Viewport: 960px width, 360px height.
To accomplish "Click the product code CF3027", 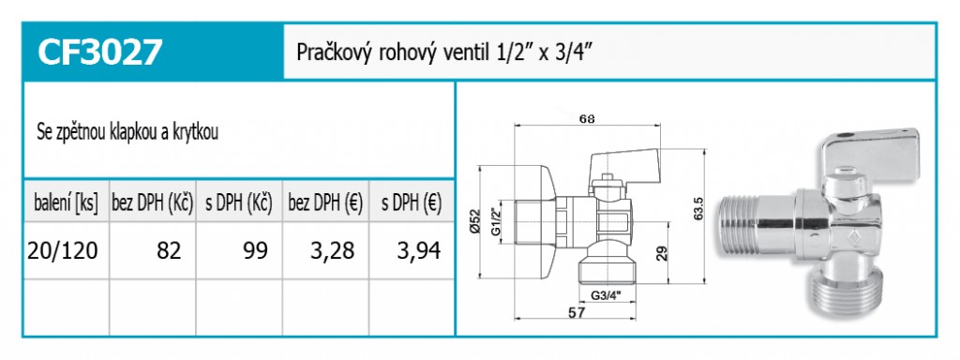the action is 99,52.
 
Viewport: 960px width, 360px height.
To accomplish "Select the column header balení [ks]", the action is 67,203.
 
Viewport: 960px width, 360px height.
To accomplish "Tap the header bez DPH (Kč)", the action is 153,203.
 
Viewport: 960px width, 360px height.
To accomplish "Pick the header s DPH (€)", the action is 412,203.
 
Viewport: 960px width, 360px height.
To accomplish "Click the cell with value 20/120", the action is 63,251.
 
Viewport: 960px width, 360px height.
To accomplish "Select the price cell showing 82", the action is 169,251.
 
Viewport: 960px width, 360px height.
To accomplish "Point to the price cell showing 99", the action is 255,251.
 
